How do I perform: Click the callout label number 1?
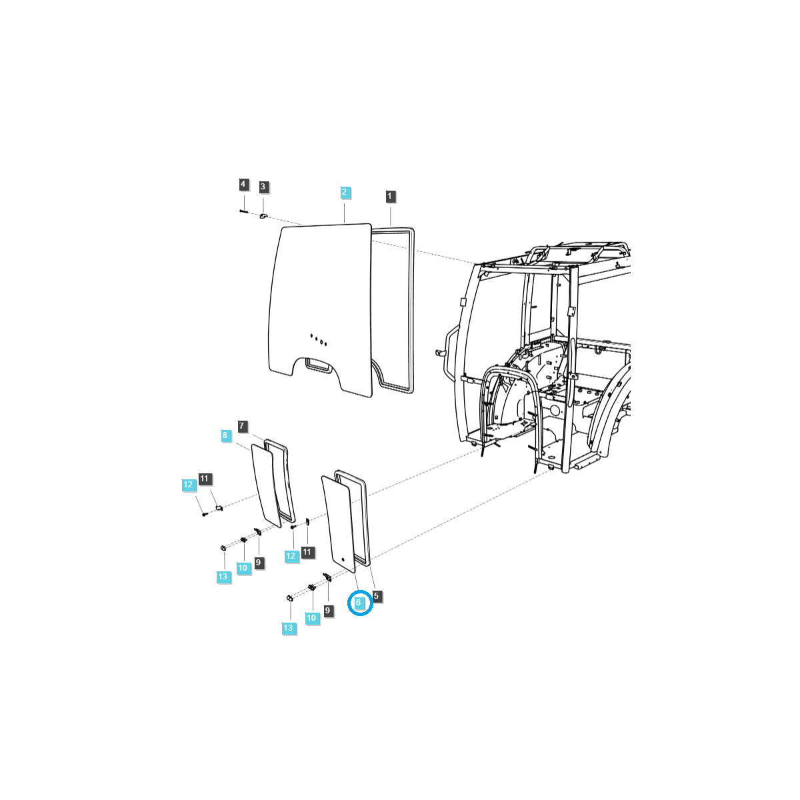click(x=390, y=196)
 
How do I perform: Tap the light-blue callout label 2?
click(x=345, y=192)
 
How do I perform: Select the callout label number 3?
click(x=263, y=187)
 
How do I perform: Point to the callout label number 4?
click(x=243, y=184)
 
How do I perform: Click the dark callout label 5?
click(x=376, y=595)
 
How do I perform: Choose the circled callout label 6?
click(x=359, y=603)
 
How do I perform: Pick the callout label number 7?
click(x=243, y=425)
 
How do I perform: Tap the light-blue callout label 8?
click(x=225, y=435)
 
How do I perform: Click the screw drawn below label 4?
click(x=243, y=211)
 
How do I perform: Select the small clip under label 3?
click(x=263, y=216)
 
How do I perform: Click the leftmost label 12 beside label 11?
click(x=189, y=485)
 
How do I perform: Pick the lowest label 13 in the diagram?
click(x=288, y=628)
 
